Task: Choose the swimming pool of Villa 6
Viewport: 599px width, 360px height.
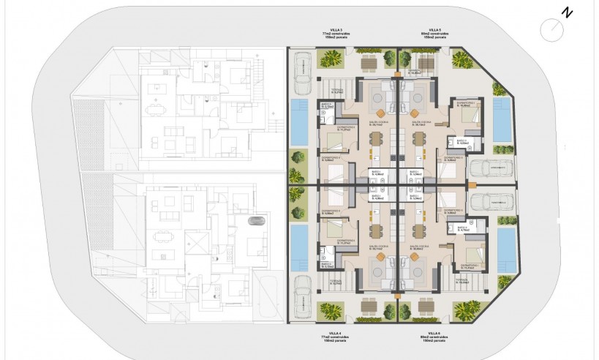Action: tap(505, 247)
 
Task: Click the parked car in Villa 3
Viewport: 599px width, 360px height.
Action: tap(300, 69)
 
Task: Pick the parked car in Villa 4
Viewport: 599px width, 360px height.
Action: tap(300, 298)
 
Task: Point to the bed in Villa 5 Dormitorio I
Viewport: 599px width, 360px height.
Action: tap(466, 116)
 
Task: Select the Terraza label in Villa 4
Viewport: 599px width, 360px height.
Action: tap(336, 280)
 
